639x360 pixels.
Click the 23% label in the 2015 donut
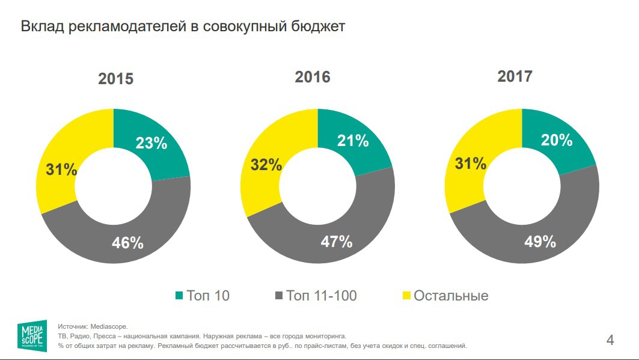click(x=151, y=143)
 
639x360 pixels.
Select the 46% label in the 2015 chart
click(x=128, y=243)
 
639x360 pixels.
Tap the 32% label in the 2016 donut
click(x=266, y=165)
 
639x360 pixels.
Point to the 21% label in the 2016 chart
click(x=353, y=141)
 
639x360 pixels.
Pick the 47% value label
click(x=337, y=242)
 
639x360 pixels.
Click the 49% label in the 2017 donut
click(x=540, y=242)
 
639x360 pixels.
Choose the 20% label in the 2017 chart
click(x=556, y=140)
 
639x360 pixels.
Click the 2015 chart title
click(x=116, y=79)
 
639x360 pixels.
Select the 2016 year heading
click(x=313, y=77)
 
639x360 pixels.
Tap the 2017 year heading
click(x=515, y=76)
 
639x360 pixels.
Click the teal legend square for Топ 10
click(x=179, y=296)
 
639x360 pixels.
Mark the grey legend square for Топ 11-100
click(x=278, y=296)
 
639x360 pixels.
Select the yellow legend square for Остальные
click(x=406, y=296)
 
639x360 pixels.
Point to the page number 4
click(x=611, y=340)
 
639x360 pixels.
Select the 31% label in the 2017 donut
click(x=470, y=163)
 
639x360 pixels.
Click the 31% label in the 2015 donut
click(x=61, y=169)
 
